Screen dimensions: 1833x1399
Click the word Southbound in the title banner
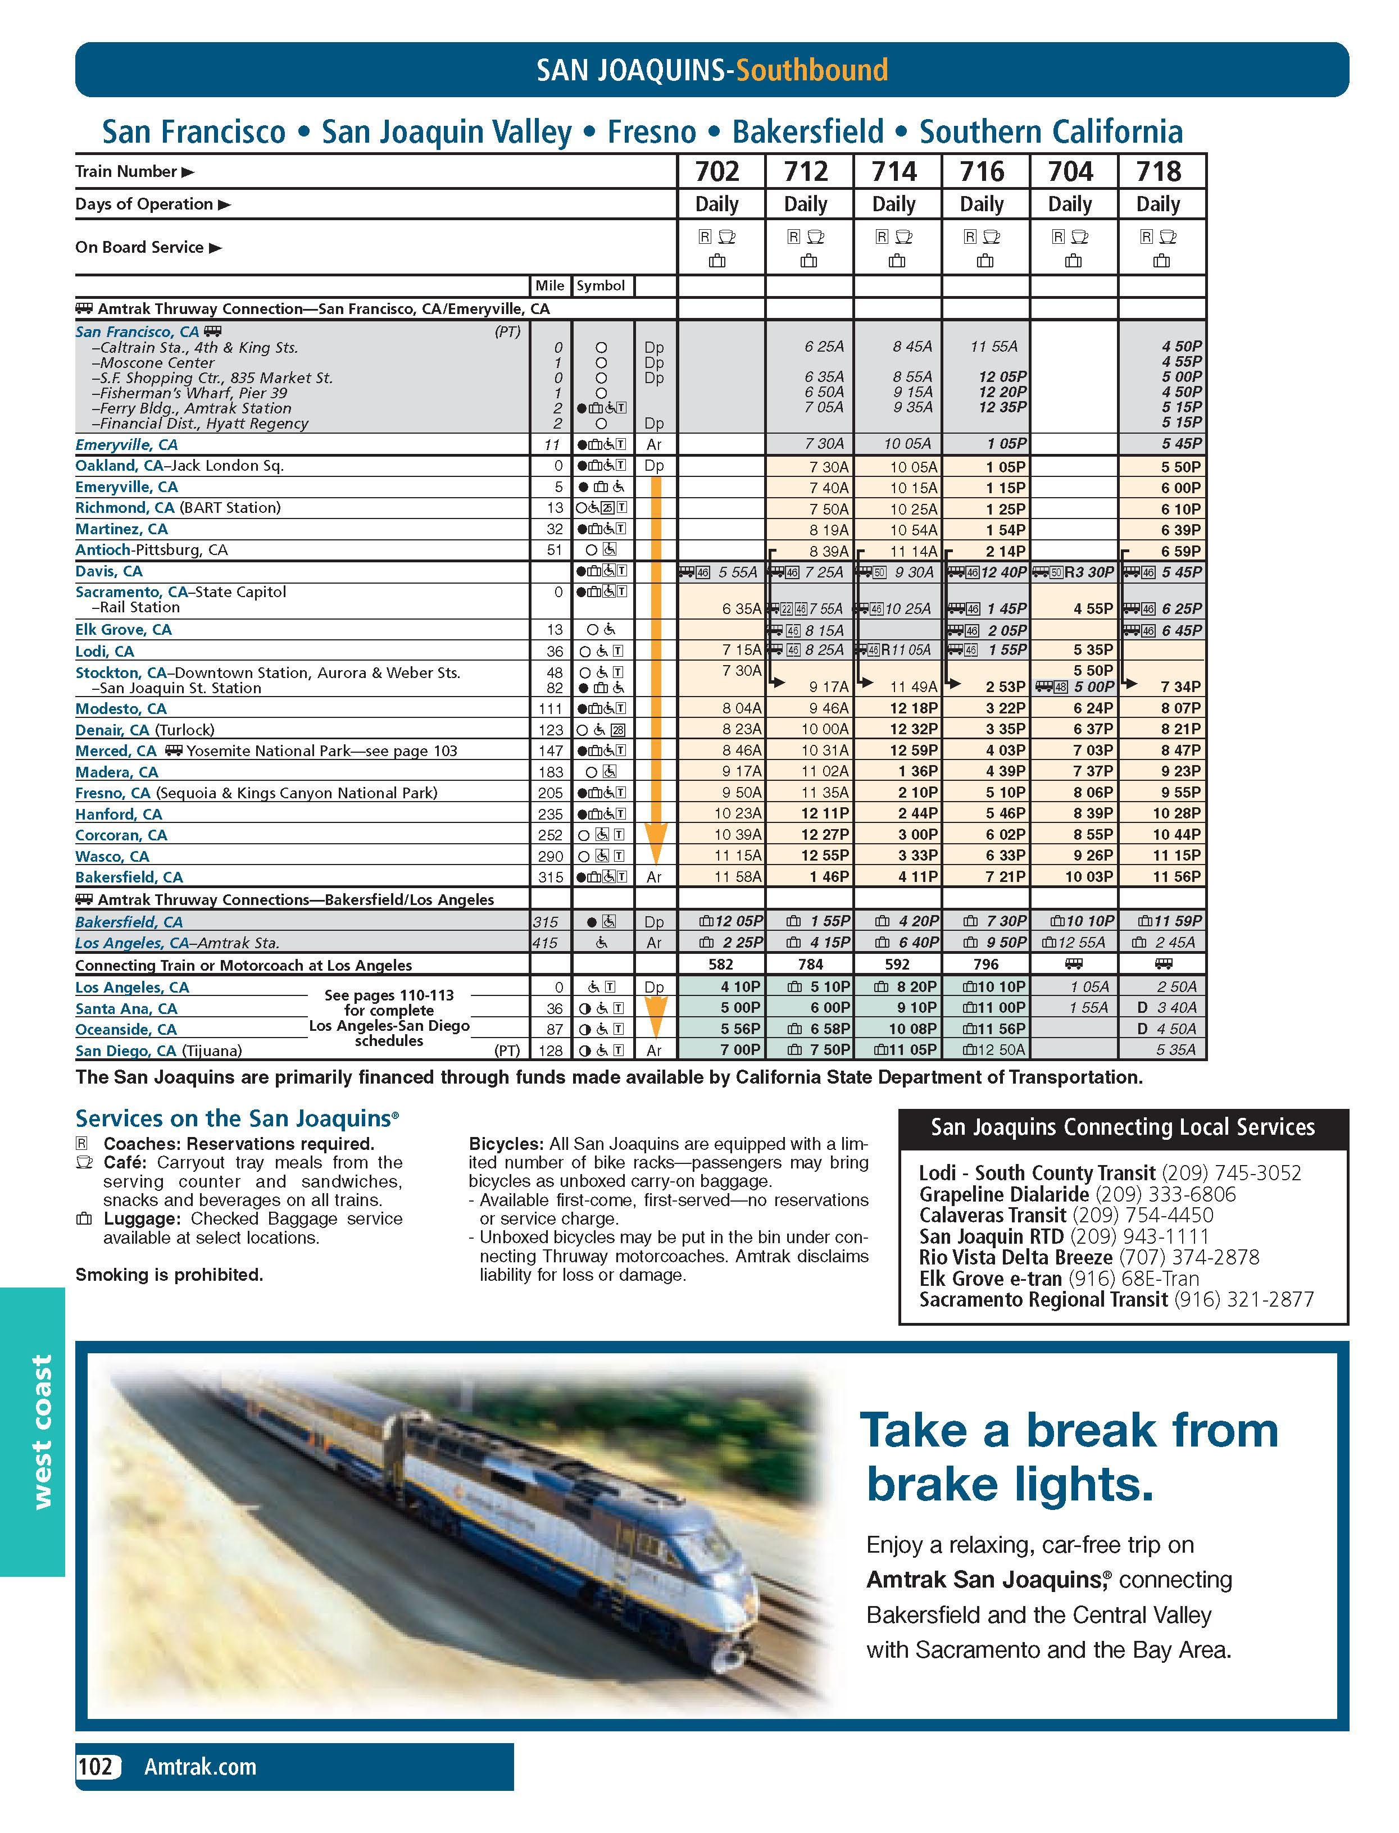point(811,70)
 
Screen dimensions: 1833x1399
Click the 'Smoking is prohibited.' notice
point(169,1275)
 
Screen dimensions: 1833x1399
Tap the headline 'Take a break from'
point(1069,1430)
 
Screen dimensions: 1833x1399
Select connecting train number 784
point(810,965)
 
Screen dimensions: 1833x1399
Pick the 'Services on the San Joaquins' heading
point(237,1118)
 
